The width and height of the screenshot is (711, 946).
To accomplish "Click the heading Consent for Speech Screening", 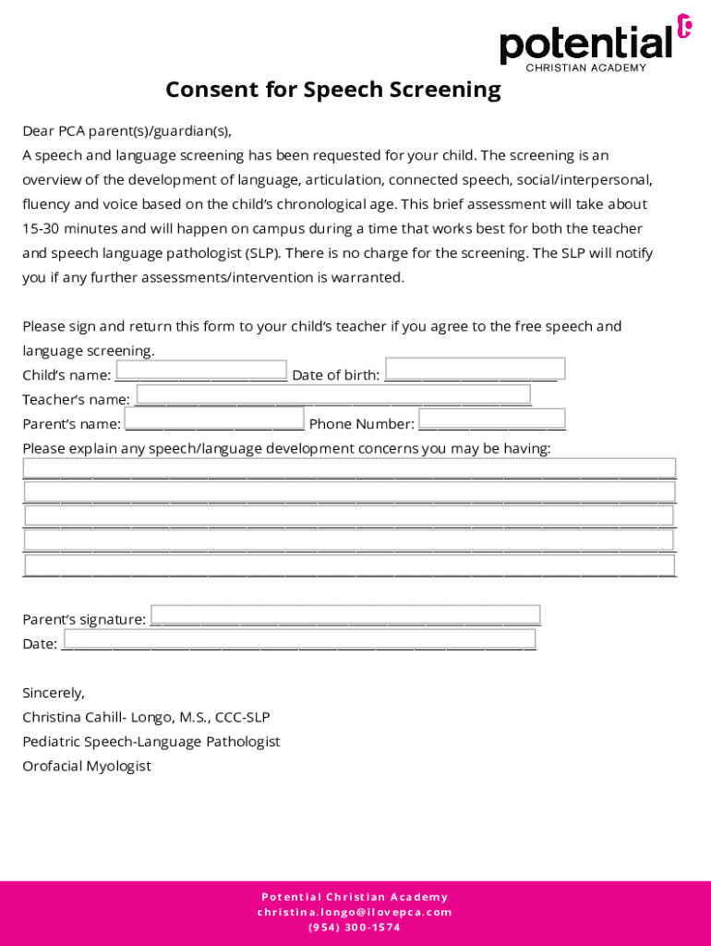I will click(332, 90).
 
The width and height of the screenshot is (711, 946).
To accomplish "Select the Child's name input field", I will click(201, 370).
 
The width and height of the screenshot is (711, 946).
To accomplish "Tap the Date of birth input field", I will click(475, 369).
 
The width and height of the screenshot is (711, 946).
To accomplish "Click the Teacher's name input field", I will click(333, 394).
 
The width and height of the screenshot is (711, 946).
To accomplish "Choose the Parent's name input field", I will click(214, 420).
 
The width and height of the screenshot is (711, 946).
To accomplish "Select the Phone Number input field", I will click(491, 419).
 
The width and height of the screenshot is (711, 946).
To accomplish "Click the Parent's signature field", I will click(345, 614).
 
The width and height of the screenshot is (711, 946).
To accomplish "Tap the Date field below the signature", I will click(299, 638).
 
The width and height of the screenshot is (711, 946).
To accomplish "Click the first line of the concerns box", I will click(349, 467).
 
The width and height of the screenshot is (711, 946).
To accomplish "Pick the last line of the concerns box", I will click(349, 564).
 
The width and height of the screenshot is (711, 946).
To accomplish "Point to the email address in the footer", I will click(355, 912).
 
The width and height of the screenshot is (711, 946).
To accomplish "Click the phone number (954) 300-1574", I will click(355, 928).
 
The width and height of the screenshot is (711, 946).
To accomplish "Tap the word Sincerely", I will click(54, 693).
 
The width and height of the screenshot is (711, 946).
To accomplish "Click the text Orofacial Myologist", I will click(87, 766).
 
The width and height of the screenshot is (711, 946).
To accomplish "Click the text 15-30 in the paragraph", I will click(40, 228).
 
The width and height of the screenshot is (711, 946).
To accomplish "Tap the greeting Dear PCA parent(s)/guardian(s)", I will click(127, 131).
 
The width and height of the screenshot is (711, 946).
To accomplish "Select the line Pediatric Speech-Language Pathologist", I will click(151, 742).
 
